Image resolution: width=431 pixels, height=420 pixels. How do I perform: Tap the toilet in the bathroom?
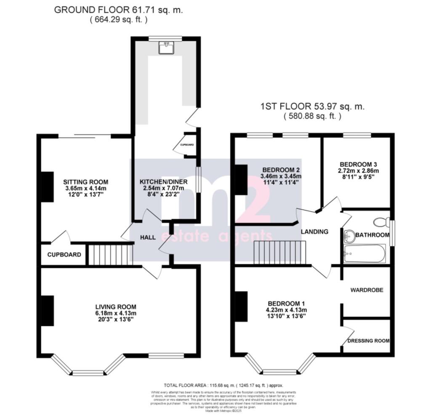(x=382, y=222)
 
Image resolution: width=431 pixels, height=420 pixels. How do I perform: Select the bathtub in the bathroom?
(x=364, y=253)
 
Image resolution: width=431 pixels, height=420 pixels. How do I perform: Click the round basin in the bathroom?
(x=349, y=237)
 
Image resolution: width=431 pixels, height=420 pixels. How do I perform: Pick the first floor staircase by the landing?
(x=279, y=253)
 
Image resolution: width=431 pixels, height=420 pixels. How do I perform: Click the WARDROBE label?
(x=366, y=290)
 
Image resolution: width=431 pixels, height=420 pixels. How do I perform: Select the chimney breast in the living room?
(x=47, y=311)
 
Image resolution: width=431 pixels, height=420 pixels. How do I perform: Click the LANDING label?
(x=314, y=231)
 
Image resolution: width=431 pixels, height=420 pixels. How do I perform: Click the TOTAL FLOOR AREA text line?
(x=223, y=385)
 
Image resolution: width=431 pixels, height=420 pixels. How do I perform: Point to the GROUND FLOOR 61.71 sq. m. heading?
(x=118, y=10)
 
